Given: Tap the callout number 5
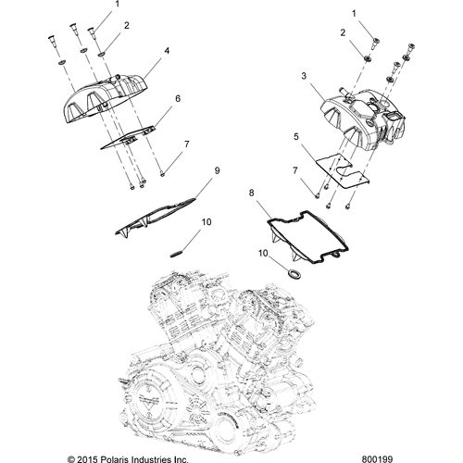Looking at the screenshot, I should pyautogui.click(x=295, y=136).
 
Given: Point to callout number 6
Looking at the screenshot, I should pyautogui.click(x=177, y=97).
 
